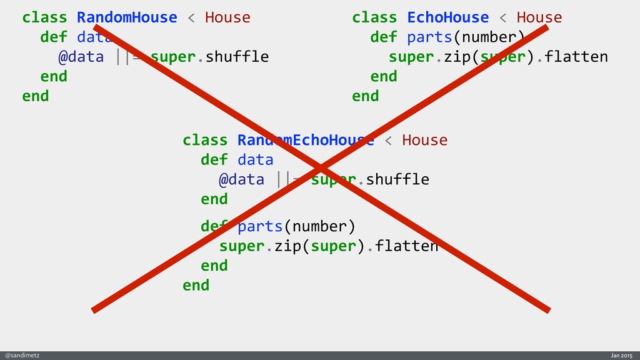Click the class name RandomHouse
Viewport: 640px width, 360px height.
coord(127,17)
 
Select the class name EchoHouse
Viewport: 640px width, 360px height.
coord(447,17)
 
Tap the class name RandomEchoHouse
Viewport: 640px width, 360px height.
coord(305,140)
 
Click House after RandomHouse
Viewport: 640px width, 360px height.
coord(227,17)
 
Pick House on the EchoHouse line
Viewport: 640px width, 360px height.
coord(539,17)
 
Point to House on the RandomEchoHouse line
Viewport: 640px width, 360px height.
coord(425,140)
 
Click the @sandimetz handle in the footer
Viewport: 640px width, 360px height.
coord(22,355)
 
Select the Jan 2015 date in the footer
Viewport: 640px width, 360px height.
coord(622,355)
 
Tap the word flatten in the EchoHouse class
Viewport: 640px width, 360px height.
coord(576,57)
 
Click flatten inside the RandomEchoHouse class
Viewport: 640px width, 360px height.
coord(406,246)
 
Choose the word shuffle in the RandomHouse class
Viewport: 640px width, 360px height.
coord(237,57)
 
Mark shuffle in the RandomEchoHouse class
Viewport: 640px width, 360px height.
coord(397,180)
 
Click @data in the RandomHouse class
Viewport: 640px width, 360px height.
coord(81,57)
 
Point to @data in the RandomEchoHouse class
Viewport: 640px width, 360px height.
coord(241,180)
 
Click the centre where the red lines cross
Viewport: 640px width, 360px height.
coord(321,167)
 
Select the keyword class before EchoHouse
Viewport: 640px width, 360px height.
coord(374,17)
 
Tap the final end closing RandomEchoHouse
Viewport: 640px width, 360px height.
coord(196,286)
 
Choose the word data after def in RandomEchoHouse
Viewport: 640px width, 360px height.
coord(255,160)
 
